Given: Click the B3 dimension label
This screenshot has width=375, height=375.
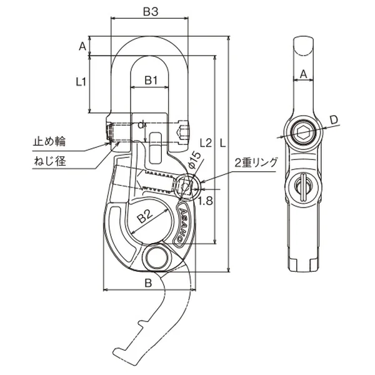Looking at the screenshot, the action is [151, 11].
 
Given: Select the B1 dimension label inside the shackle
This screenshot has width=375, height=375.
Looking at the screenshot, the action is [151, 81].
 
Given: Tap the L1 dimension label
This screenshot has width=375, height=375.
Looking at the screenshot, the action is [81, 82].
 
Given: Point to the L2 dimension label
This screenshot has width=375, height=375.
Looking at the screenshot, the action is [206, 143].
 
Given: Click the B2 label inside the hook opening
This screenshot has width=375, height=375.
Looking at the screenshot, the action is [146, 216].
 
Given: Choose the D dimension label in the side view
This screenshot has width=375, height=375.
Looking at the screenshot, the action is [334, 119].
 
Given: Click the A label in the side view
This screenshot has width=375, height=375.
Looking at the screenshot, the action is [303, 74].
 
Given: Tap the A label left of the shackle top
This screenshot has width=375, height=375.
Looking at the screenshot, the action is [82, 46].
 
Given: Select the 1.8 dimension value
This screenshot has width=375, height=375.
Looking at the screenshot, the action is [206, 201].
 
